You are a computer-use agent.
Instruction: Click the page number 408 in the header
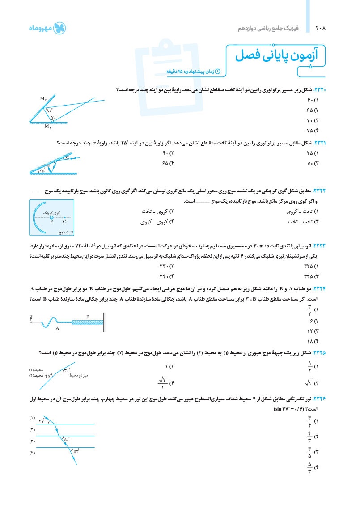[x=321, y=28]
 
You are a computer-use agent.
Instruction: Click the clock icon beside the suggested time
[x=218, y=71]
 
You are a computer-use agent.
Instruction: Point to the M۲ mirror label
[x=43, y=98]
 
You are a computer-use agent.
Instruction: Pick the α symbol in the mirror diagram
[x=68, y=157]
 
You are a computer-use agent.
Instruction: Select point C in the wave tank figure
[x=64, y=221]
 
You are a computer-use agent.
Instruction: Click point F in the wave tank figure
[x=51, y=221]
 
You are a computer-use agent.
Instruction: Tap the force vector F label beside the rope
[x=31, y=319]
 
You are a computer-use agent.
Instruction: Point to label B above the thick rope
[x=88, y=317]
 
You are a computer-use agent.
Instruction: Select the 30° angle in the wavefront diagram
[x=67, y=370]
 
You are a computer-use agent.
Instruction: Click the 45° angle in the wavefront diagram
[x=49, y=376]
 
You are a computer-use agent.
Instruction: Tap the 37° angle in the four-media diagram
[x=42, y=421]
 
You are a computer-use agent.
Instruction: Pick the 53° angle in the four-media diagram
[x=76, y=451]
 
